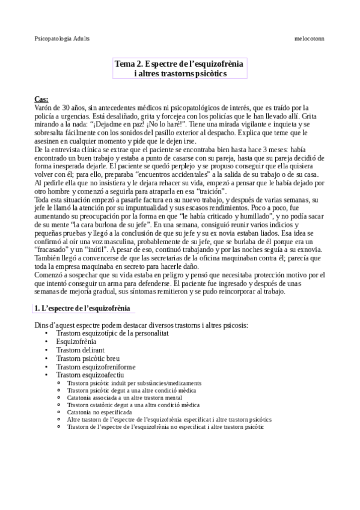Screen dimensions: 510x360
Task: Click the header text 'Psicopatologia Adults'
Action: [x=63, y=37]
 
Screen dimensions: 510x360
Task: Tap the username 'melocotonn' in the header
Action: [x=310, y=37]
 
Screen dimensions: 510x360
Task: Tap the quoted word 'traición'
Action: [x=209, y=190]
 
